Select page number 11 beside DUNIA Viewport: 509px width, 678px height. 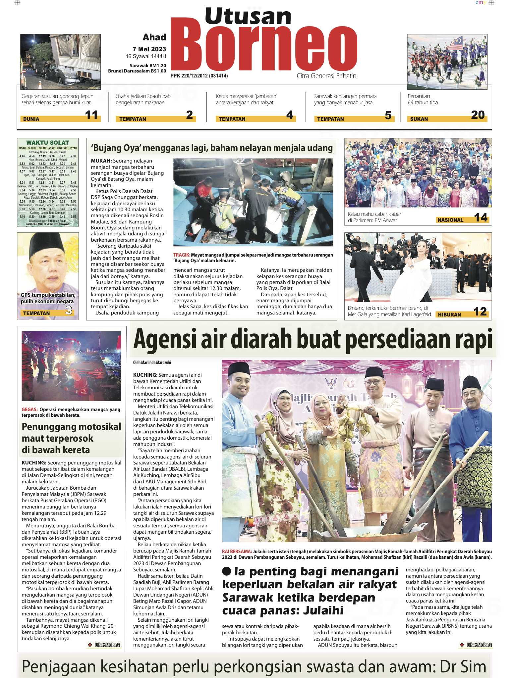91,115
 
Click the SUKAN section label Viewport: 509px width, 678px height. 419,119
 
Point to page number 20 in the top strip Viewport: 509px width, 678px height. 478,115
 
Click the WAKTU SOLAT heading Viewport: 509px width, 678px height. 47,143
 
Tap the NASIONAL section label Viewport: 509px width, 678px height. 450,220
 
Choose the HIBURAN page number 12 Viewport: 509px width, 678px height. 480,312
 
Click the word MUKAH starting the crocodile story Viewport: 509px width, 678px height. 99,161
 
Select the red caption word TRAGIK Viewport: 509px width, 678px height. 182,255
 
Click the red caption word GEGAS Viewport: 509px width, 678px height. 29,410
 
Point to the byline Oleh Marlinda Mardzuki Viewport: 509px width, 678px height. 152,363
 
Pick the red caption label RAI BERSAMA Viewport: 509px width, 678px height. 237,552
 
